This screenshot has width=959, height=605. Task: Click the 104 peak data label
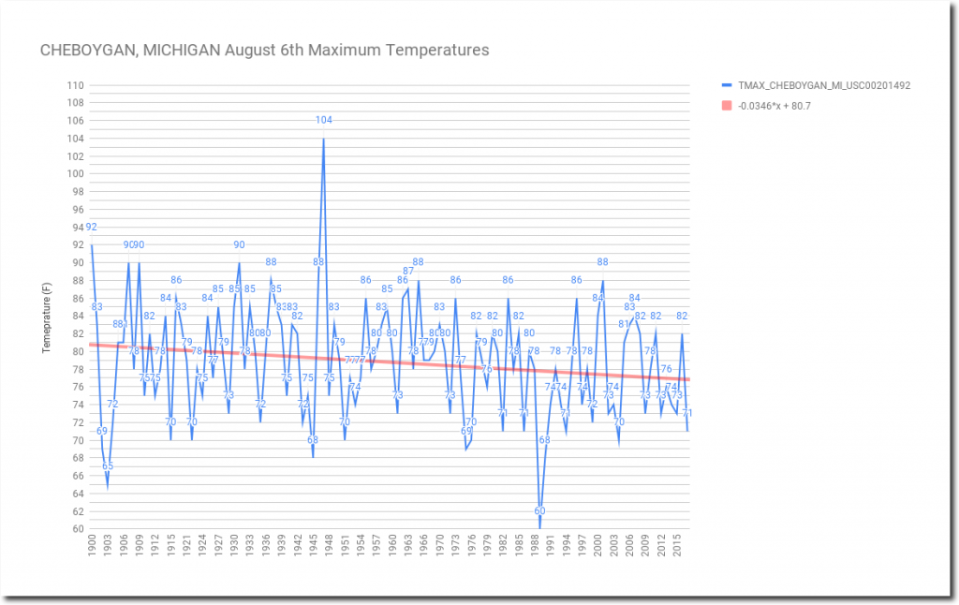click(x=323, y=120)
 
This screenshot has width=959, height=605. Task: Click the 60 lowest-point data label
click(x=539, y=510)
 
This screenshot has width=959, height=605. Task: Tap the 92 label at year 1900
click(x=91, y=227)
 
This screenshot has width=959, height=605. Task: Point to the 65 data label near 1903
click(x=108, y=465)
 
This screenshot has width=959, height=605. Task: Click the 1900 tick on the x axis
click(x=92, y=545)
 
